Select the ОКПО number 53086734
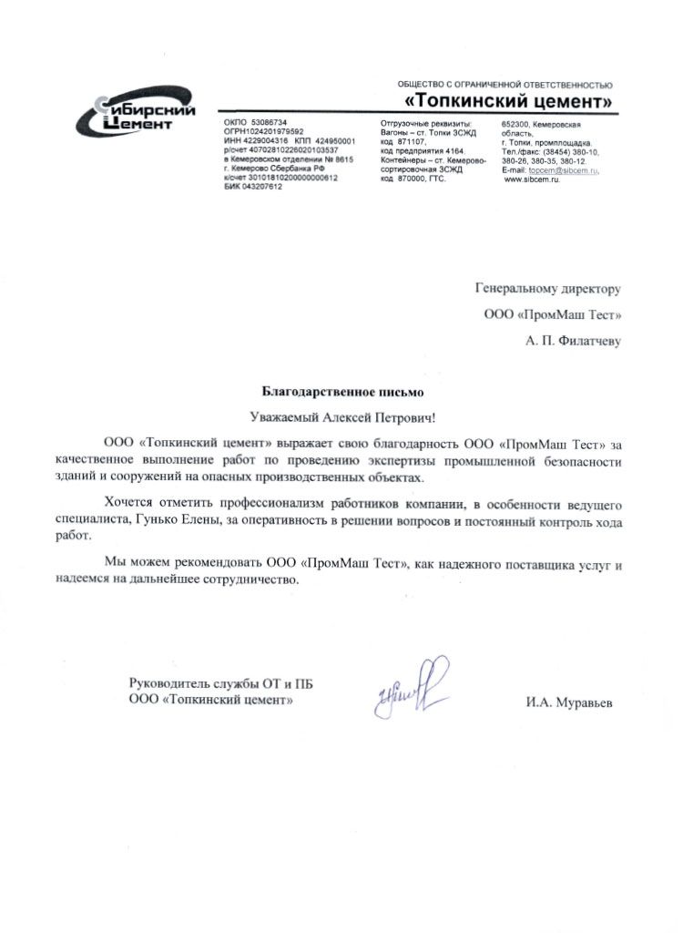[x=268, y=122]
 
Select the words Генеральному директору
[x=547, y=289]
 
